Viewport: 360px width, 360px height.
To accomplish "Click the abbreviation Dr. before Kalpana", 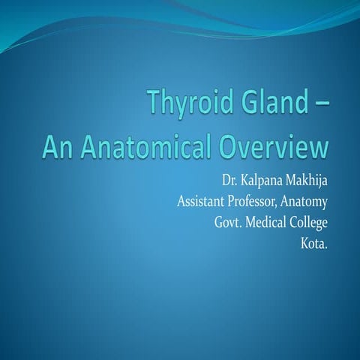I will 229,182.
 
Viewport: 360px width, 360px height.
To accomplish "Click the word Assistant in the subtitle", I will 202,202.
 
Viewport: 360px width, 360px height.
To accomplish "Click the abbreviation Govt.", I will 229,223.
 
